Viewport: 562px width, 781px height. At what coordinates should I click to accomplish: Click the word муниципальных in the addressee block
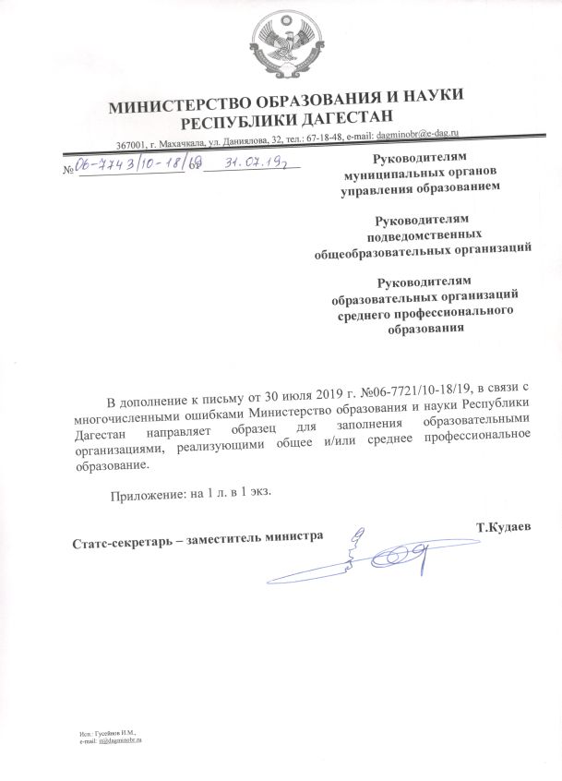pos(393,173)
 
